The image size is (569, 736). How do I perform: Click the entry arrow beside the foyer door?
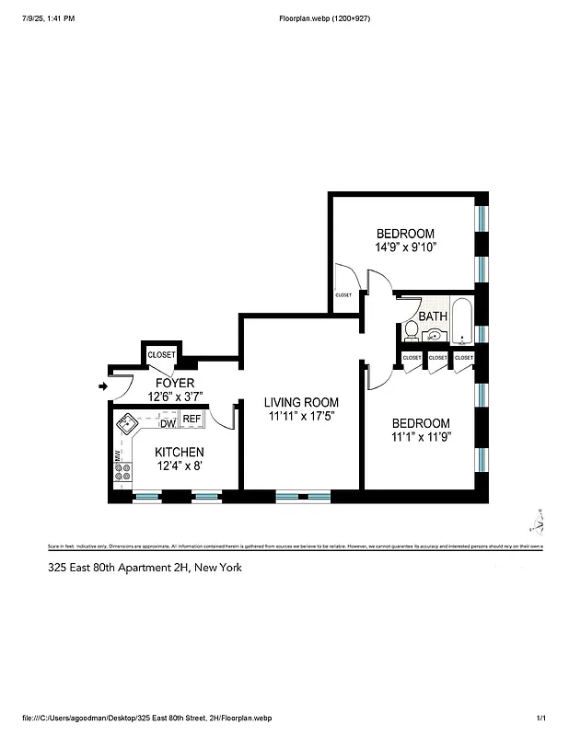101,386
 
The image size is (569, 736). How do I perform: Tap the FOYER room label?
174,383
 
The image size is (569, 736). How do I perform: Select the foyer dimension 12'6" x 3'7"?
174,397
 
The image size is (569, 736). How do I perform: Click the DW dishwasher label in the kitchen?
168,424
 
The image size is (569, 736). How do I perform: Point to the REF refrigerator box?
191,420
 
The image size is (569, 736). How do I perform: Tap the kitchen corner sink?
126,424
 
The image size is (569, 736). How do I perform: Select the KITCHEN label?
179,453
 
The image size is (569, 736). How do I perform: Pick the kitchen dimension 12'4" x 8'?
179,466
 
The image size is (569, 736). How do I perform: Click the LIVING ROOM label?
301,403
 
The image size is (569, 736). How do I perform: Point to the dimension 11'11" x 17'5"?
301,417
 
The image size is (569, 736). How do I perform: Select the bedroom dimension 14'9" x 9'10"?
404,247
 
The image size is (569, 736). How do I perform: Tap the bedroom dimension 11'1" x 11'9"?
419,437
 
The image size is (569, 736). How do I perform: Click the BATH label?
433,316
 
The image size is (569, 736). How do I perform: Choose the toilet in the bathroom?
411,330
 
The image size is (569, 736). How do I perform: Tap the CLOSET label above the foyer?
161,354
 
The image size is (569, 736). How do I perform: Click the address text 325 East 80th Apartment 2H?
145,568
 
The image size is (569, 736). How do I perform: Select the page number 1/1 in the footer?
540,718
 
